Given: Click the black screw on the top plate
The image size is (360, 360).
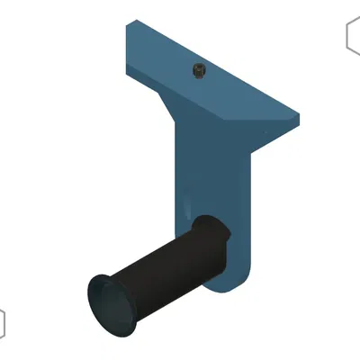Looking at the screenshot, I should point(198,70).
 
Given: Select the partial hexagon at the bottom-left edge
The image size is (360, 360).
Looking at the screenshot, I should point(2,322).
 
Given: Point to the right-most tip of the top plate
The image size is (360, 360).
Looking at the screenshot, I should point(298,115).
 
